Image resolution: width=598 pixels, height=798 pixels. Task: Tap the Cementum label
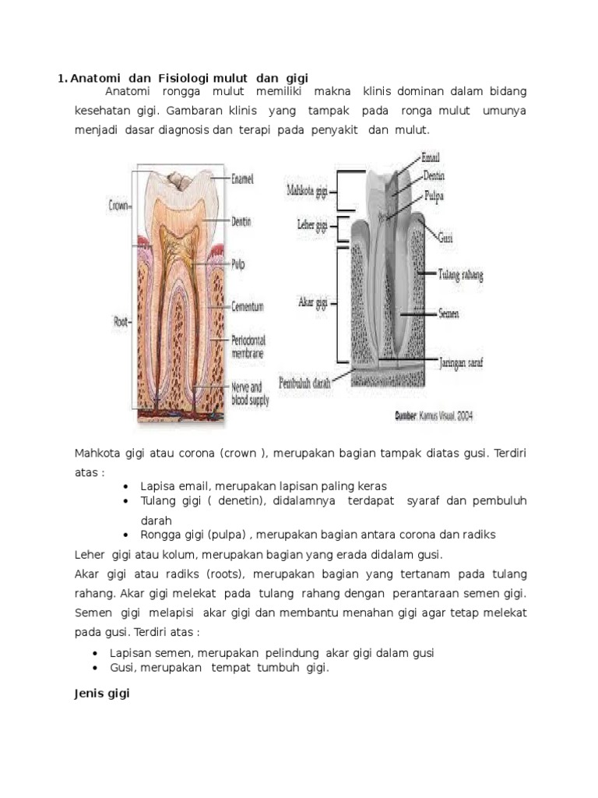[248, 306]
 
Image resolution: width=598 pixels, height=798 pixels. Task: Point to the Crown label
[118, 207]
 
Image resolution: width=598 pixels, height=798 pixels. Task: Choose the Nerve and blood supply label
[249, 394]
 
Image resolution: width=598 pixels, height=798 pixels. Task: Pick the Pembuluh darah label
[305, 384]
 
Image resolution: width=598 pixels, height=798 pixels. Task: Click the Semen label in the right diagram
[448, 313]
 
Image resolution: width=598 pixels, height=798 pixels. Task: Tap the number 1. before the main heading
[62, 78]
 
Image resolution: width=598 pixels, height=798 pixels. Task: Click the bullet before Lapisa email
[126, 486]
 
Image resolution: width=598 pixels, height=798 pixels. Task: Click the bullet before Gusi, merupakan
[95, 668]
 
